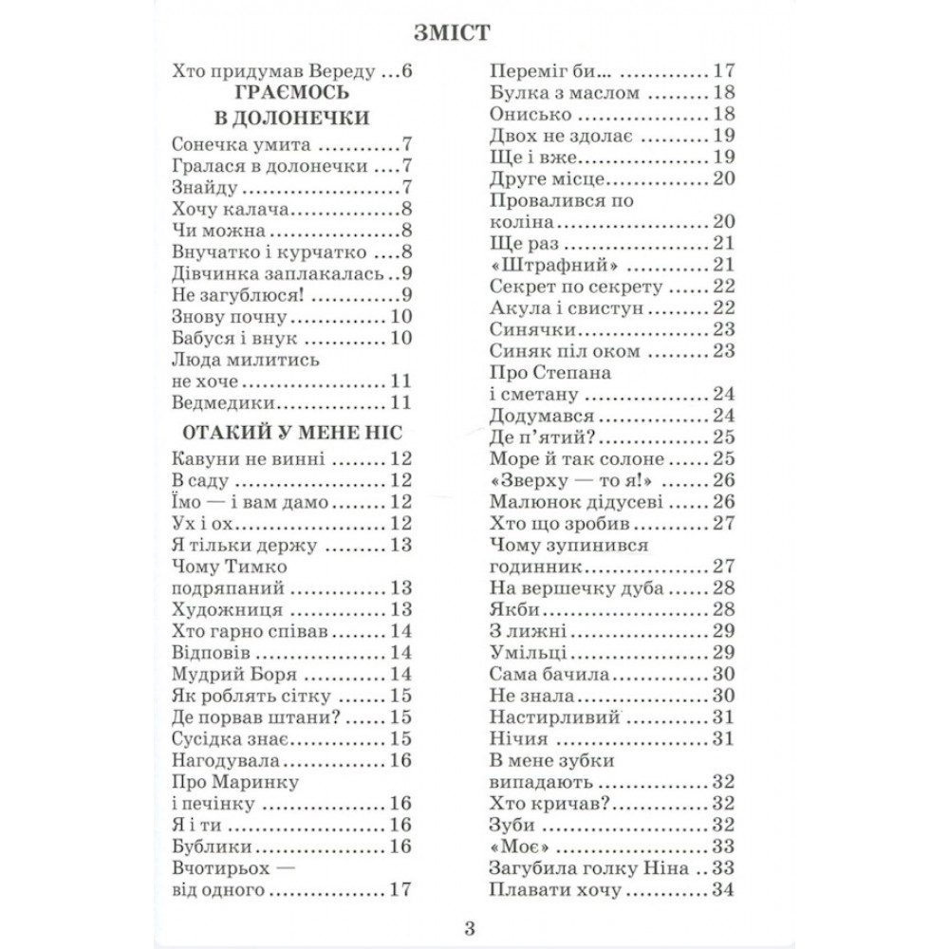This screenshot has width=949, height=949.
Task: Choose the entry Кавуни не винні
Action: [250, 459]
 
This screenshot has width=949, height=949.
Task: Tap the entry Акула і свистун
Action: [568, 307]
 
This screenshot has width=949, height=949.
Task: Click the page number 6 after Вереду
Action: [409, 72]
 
